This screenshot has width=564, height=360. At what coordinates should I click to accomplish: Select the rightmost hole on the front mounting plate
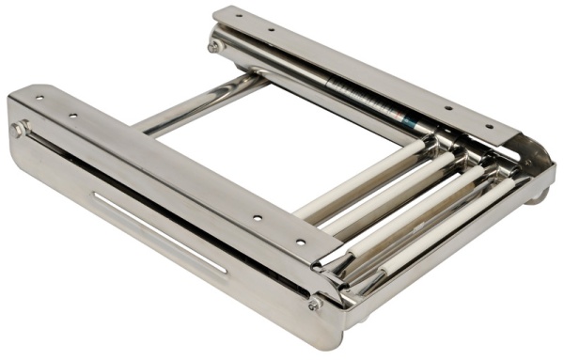(301, 242)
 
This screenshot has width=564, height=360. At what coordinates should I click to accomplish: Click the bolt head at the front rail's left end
(19, 129)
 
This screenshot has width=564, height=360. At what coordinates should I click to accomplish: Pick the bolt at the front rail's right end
(314, 304)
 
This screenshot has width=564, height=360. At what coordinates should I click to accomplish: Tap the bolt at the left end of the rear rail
(215, 45)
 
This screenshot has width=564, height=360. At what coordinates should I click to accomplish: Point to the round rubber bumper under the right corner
(538, 196)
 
